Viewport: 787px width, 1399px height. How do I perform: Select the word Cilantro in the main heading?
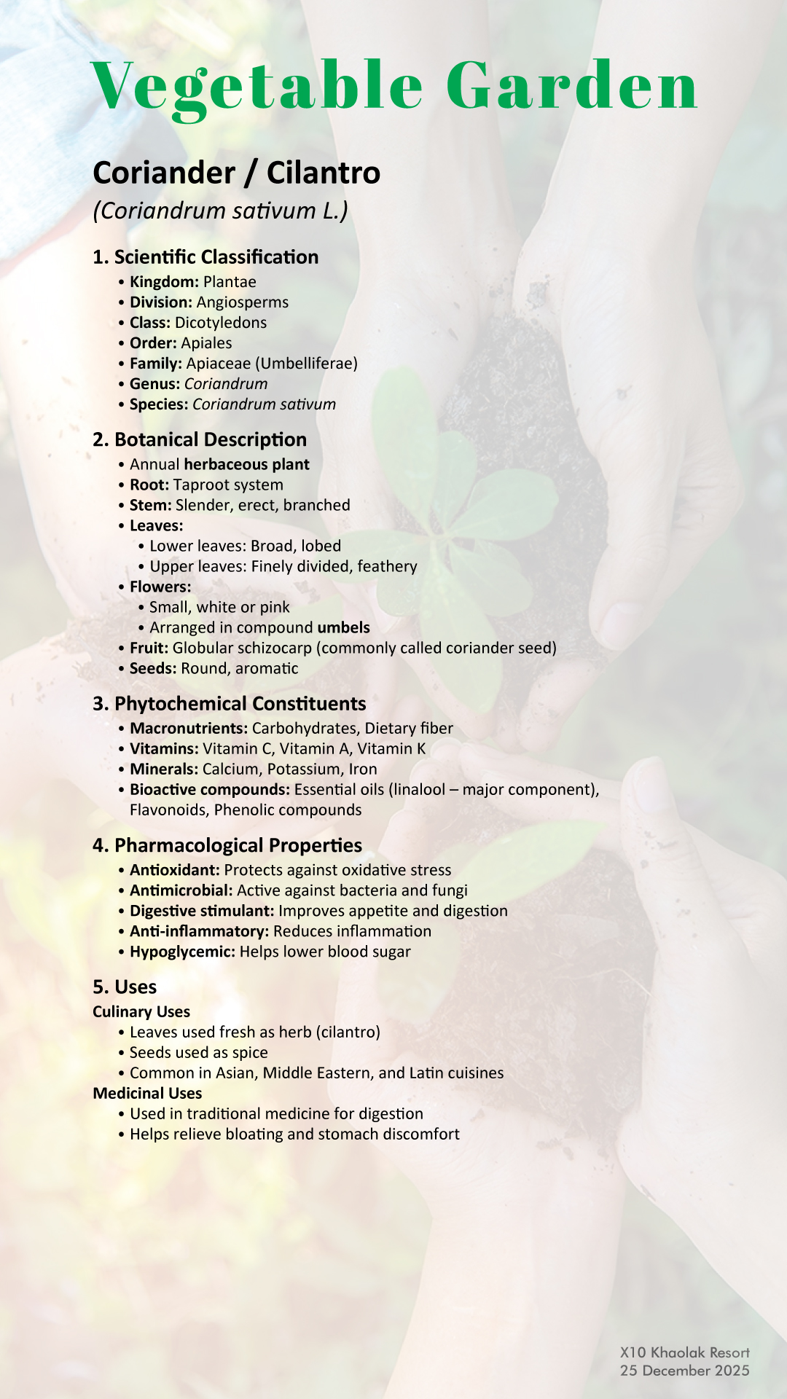324,173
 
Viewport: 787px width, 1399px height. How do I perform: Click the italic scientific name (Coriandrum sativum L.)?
220,211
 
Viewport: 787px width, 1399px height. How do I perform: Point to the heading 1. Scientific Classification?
205,257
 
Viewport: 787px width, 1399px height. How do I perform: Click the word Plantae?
230,282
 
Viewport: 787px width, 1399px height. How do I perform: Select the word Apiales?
206,343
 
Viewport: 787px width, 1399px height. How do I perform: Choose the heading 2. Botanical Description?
200,440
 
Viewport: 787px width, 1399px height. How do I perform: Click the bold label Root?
149,485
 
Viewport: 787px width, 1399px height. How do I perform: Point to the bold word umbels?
343,628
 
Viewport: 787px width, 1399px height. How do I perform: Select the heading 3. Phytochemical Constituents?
230,704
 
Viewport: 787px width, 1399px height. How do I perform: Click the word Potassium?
304,769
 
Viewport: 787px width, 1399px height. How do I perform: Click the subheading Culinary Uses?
141,1012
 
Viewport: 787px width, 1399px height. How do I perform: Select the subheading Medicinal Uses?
147,1094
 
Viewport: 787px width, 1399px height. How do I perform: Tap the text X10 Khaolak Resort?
684,1353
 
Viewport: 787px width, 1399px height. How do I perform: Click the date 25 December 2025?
684,1371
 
